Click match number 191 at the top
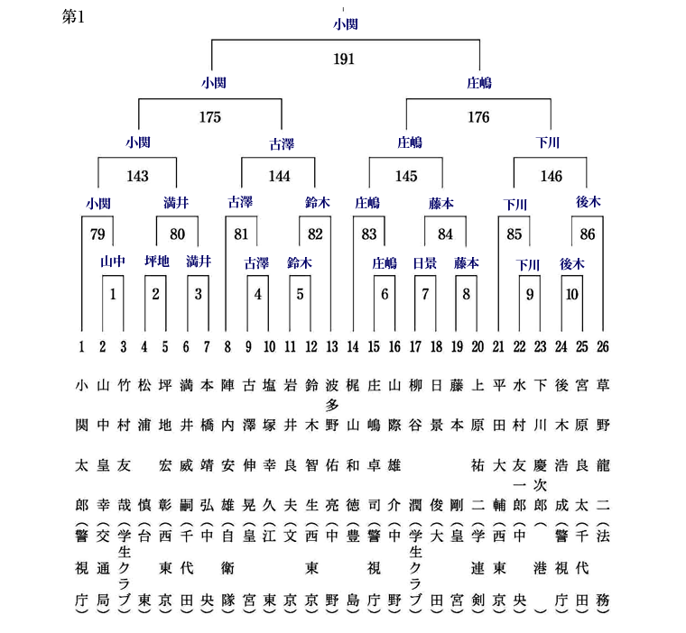coord(344,59)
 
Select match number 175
coord(210,117)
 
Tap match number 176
coord(478,117)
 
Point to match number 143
coord(137,176)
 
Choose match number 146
coord(551,176)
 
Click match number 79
coord(97,234)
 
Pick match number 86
coord(588,234)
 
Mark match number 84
coord(445,234)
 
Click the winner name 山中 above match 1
coord(113,261)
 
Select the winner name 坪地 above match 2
coord(157,261)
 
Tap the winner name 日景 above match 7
coord(425,263)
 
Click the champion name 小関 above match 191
coord(346,23)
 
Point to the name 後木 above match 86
coord(588,201)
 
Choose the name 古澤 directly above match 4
coord(256,263)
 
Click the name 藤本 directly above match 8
coord(467,263)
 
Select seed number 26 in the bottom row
coord(603,347)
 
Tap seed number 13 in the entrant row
coord(332,347)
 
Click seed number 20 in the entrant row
coord(477,347)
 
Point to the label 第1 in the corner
coord(73,17)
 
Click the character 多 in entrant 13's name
coord(332,405)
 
